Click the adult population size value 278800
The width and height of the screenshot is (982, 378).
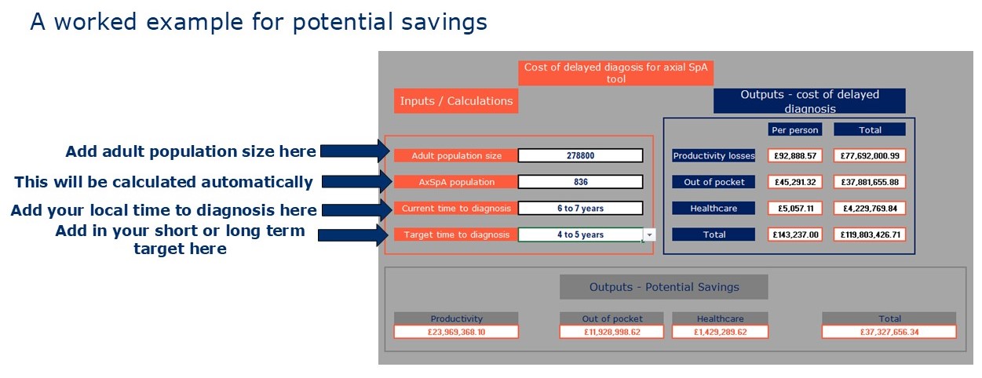pos(580,155)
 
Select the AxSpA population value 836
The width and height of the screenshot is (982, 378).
pos(580,182)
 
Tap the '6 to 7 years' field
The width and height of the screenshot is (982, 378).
pos(580,208)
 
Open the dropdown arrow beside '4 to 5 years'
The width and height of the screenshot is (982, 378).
pos(649,234)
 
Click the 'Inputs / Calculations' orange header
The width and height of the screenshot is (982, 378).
pos(456,100)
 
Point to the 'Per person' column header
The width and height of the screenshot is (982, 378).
pos(795,129)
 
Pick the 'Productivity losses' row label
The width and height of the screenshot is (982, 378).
pos(714,155)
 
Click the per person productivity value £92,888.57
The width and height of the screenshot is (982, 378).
pos(795,155)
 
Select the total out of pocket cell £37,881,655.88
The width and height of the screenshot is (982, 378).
pos(870,182)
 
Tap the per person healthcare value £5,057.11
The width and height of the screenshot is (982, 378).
pos(795,208)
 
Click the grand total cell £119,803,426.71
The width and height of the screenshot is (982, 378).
pos(870,234)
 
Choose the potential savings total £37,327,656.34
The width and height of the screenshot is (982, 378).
pos(889,332)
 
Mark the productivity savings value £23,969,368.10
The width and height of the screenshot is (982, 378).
pos(456,332)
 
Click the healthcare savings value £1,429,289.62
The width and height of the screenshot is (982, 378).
pos(720,332)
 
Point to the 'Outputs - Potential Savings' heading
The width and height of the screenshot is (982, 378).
pos(664,287)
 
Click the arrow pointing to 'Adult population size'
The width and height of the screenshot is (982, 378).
pos(355,151)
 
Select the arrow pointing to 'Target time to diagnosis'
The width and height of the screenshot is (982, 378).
pos(353,234)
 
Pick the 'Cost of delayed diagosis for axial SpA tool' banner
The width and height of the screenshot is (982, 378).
pos(615,73)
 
